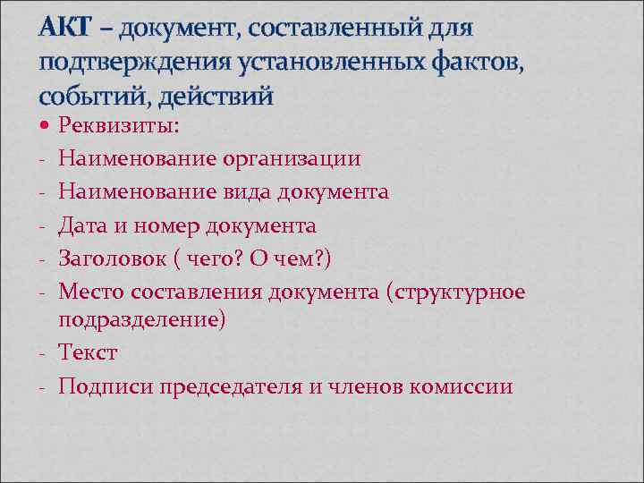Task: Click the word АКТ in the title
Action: (x=64, y=29)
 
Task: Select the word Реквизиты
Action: (x=118, y=127)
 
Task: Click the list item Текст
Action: (x=88, y=353)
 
